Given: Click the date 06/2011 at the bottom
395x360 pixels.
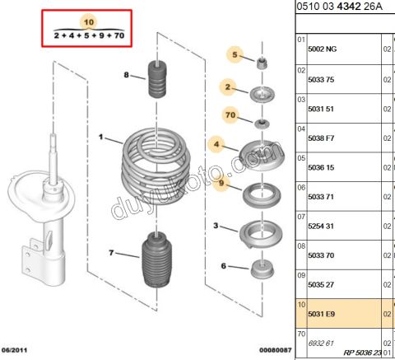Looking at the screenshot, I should click(17, 350).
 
